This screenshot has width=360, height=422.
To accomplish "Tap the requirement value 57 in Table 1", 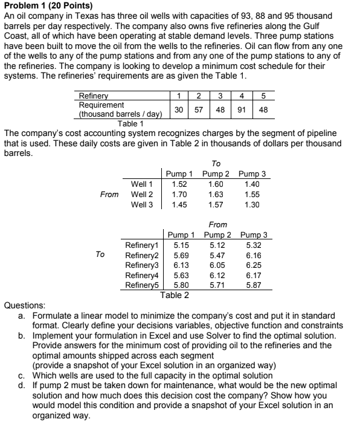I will [x=199, y=110].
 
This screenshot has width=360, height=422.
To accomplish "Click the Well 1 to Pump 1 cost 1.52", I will [x=179, y=184].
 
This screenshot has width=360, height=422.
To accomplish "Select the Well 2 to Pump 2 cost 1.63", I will [x=215, y=194].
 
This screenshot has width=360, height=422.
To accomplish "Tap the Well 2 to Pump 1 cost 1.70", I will [x=179, y=194].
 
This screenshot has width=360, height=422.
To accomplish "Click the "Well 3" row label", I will [x=142, y=204].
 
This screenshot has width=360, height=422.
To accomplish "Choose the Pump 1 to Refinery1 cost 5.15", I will [x=182, y=245].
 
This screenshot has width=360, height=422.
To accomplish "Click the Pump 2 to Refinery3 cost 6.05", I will [x=216, y=265].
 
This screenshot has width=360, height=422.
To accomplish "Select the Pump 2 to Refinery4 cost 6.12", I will [x=216, y=274].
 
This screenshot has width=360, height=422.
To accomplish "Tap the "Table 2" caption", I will [x=175, y=294].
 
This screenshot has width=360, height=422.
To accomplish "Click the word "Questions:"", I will [x=23, y=306].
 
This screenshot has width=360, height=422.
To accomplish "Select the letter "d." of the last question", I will [x=21, y=385].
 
